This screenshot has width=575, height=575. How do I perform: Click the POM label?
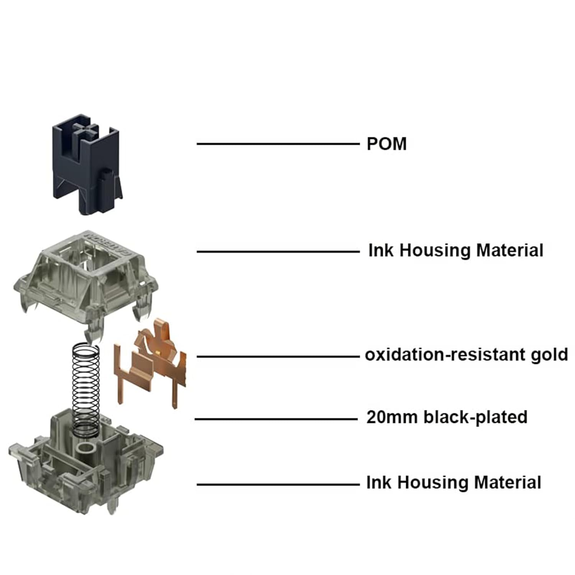pos(386,144)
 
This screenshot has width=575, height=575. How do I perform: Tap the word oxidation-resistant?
pos(445,355)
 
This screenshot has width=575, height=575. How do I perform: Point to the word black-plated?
pos(475,417)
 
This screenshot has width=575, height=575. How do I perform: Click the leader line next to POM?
pos(278,144)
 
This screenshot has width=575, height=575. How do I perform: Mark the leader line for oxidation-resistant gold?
pos(278,356)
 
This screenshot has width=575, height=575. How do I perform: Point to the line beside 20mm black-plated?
pos(276,419)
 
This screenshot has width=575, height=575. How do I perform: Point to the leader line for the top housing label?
pos(278,252)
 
